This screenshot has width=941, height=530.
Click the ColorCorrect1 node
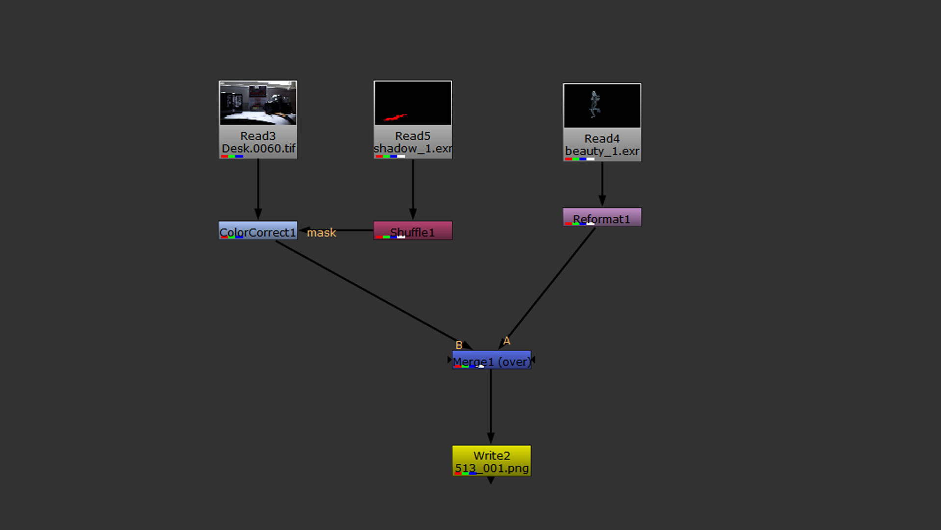click(x=258, y=231)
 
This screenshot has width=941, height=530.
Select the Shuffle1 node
click(x=413, y=231)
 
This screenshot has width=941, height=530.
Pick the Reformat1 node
click(x=602, y=217)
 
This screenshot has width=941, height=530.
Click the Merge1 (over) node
click(x=491, y=360)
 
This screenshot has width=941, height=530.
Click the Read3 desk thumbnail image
click(x=258, y=103)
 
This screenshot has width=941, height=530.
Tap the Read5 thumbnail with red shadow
click(x=413, y=103)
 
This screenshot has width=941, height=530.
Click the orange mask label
click(x=322, y=233)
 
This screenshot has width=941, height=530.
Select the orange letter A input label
click(x=507, y=341)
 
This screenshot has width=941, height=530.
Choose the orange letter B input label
click(x=459, y=345)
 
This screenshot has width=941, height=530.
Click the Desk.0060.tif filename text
click(x=259, y=148)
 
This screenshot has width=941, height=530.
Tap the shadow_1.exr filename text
click(x=413, y=148)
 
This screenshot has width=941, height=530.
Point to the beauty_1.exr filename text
click(x=602, y=151)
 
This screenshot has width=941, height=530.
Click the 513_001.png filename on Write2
click(x=492, y=468)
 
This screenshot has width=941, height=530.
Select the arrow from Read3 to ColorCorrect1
click(x=258, y=189)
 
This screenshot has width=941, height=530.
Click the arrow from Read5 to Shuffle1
click(x=413, y=189)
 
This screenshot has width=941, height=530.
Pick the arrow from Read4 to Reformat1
click(x=602, y=184)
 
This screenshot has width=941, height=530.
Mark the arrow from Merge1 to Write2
click(x=491, y=405)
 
